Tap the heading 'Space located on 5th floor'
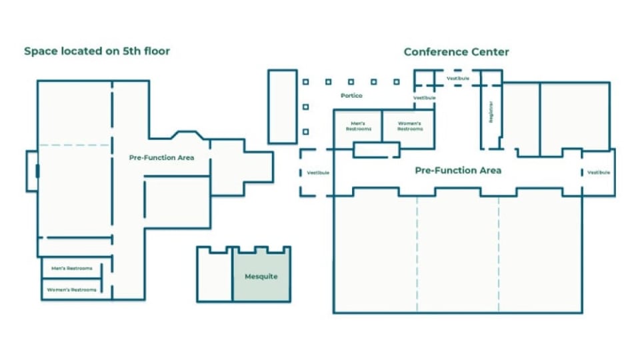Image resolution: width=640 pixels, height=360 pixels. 97,51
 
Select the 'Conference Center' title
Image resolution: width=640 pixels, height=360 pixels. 457,52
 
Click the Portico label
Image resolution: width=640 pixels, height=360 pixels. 351,96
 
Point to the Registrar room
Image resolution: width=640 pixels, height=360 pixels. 491,113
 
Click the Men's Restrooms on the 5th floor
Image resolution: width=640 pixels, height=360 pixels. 72,269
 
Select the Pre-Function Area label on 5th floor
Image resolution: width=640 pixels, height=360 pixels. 161,158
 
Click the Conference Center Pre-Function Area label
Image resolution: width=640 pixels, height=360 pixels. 458,171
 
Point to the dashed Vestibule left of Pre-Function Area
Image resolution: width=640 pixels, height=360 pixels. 318,173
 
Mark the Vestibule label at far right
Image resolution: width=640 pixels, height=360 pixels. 598,173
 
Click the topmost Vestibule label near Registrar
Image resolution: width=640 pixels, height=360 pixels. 457,78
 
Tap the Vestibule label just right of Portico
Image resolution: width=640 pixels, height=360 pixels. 424,98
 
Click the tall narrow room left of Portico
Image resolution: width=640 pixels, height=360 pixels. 282,106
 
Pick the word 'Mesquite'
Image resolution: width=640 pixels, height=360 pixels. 261,276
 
